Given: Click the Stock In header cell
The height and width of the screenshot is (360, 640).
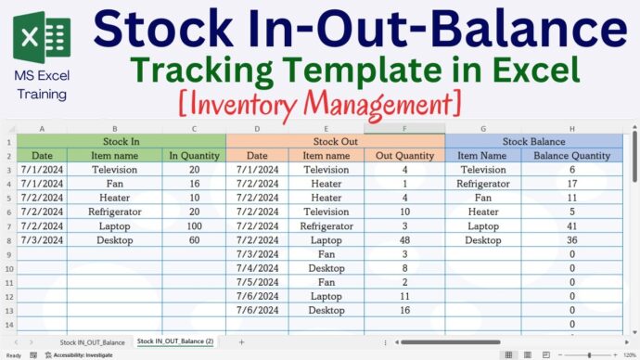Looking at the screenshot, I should click(x=122, y=141).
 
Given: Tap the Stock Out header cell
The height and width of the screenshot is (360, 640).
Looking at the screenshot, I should click(x=335, y=141).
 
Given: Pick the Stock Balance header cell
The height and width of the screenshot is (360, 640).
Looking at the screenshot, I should click(x=533, y=141).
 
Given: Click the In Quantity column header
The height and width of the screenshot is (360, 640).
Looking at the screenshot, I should click(x=194, y=156).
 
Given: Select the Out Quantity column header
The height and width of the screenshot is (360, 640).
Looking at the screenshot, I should click(x=404, y=156).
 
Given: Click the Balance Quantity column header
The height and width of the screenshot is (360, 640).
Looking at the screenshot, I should click(x=572, y=156).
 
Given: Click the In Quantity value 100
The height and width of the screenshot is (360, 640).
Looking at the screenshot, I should click(x=194, y=225).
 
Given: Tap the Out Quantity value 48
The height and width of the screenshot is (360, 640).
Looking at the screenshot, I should click(x=404, y=239).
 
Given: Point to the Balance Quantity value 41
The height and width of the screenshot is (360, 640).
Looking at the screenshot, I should click(x=572, y=225).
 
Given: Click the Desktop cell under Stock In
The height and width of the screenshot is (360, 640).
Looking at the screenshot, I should click(x=115, y=239).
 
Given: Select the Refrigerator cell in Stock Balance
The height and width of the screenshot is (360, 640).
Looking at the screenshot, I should click(x=483, y=184).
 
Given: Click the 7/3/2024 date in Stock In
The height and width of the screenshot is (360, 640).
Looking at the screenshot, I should click(x=42, y=239).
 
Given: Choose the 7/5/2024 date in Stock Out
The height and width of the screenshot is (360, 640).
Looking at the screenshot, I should click(x=257, y=281).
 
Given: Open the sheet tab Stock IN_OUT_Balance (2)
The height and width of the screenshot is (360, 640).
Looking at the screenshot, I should click(x=175, y=342).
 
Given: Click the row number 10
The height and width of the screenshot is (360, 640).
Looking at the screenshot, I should click(x=8, y=267).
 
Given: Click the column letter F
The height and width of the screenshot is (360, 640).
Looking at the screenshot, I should click(x=404, y=129).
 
